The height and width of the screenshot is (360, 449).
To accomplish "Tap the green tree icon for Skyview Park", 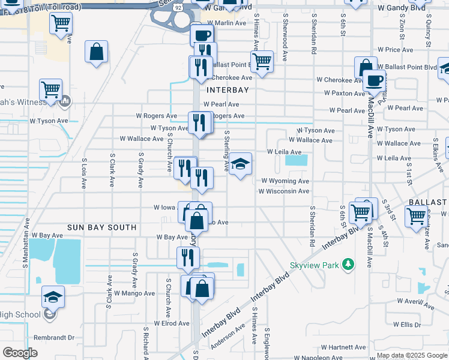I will (x=347, y=265).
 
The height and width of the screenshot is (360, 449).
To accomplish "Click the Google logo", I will (x=20, y=353).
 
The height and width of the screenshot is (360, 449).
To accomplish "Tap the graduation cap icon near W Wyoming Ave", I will (x=240, y=164).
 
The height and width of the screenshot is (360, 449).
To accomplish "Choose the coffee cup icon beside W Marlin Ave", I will (x=202, y=35).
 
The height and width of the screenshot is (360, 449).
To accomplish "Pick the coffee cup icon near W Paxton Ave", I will (x=374, y=80).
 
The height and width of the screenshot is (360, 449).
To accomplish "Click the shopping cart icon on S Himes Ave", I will (x=262, y=61).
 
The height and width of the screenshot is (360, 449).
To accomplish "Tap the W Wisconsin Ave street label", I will (x=284, y=191).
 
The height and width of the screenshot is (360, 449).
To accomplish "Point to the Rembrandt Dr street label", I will (x=54, y=338).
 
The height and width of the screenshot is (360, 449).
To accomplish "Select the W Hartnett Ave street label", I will (x=343, y=347).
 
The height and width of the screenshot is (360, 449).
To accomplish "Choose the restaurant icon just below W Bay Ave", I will (x=188, y=257).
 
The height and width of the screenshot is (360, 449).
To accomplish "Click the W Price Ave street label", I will (x=395, y=50).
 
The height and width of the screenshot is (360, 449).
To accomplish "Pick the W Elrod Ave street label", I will (x=172, y=323).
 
